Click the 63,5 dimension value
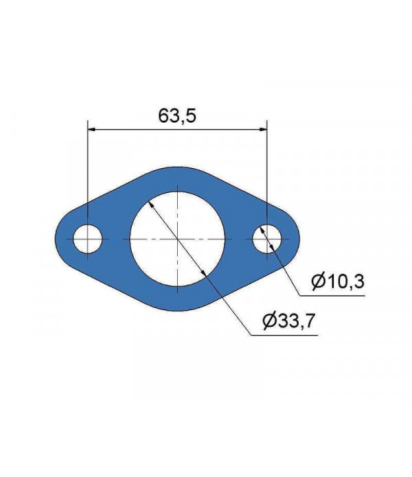(178, 116)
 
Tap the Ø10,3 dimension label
(336, 281)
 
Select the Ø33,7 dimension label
(288, 320)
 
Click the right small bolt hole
(266, 239)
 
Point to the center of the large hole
(177, 239)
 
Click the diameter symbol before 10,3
(317, 281)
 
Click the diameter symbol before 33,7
(269, 320)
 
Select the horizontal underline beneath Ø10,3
(336, 296)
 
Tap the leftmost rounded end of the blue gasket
(56, 239)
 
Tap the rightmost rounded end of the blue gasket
(299, 239)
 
